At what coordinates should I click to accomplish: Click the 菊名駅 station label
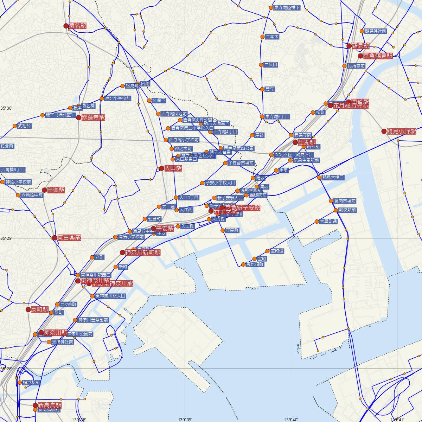pyautogui.click(x=77, y=26)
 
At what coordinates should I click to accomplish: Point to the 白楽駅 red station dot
pyautogui.click(x=45, y=190)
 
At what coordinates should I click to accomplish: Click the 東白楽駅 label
pyautogui.click(x=69, y=238)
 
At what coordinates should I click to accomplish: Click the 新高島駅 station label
pyautogui.click(x=50, y=405)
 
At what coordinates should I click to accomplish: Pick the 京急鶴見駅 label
pyautogui.click(x=378, y=56)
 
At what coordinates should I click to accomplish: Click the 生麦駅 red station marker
pyautogui.click(x=295, y=142)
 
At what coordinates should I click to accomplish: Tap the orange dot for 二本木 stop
pyautogui.click(x=262, y=37)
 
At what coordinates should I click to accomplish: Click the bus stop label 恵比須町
pyautogui.click(x=255, y=264)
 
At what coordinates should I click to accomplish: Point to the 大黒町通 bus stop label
pyautogui.click(x=328, y=222)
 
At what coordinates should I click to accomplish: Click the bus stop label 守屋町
pyautogui.click(x=232, y=230)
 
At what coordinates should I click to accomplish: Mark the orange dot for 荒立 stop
pyautogui.click(x=262, y=89)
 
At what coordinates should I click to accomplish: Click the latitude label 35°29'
pyautogui.click(x=6, y=238)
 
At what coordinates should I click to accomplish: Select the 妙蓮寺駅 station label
pyautogui.click(x=93, y=117)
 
